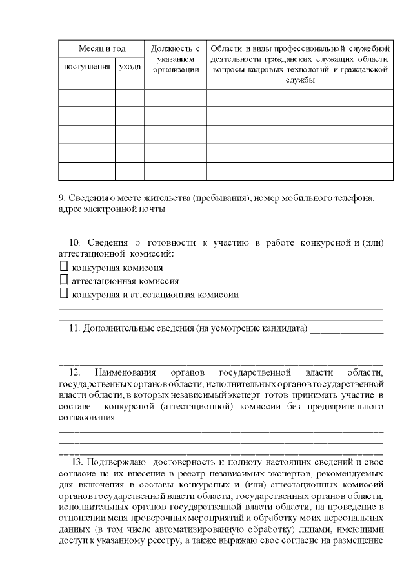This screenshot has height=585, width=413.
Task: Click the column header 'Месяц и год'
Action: click(101, 49)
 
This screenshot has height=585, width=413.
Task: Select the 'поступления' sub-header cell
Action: click(86, 67)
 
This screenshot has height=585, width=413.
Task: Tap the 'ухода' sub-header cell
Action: click(130, 67)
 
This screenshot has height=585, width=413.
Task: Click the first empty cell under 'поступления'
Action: click(86, 98)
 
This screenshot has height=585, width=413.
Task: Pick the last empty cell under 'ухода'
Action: click(130, 171)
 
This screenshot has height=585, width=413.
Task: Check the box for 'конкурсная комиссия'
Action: click(63, 266)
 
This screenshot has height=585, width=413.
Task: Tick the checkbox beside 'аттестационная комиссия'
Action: click(63, 281)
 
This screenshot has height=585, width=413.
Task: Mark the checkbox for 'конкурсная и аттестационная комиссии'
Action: click(63, 294)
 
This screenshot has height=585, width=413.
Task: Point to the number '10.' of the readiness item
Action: click(74, 242)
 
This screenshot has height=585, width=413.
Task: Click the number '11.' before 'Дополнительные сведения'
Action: click(73, 328)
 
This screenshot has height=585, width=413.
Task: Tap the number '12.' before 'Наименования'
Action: click(74, 372)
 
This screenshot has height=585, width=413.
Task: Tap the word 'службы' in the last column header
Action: click(299, 80)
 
